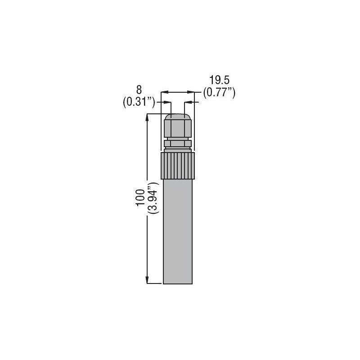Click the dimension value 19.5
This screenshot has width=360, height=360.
click(220, 81)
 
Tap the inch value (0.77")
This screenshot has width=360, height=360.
click(220, 93)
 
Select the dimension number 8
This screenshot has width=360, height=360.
click(139, 90)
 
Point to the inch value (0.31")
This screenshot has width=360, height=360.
click(139, 102)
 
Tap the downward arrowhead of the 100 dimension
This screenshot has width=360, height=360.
click(147, 280)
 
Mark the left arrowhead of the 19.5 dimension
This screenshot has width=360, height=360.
click(165, 92)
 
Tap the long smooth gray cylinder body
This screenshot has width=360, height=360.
click(177, 229)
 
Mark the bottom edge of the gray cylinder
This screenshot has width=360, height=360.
click(177, 283)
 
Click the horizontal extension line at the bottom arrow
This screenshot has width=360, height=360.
click(154, 283)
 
